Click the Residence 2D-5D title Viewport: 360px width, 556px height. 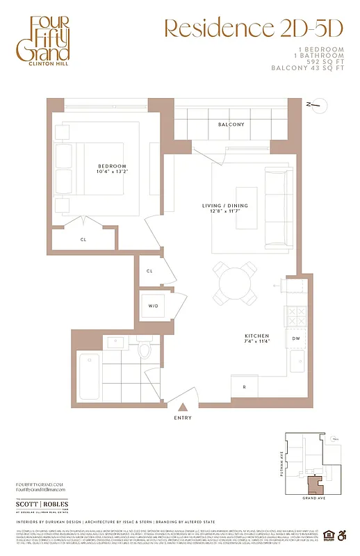click(253, 28)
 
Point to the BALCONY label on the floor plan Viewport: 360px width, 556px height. click(231, 124)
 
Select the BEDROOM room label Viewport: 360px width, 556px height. click(111, 167)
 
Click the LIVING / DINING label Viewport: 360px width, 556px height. click(224, 206)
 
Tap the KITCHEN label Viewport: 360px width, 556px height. click(256, 337)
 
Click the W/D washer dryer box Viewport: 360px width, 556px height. click(151, 304)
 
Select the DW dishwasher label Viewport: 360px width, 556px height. click(295, 338)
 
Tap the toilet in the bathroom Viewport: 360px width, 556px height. click(145, 349)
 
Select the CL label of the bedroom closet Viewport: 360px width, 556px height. click(83, 239)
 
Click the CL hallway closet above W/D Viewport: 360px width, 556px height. click(149, 271)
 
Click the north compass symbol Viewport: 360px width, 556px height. click(314, 106)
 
